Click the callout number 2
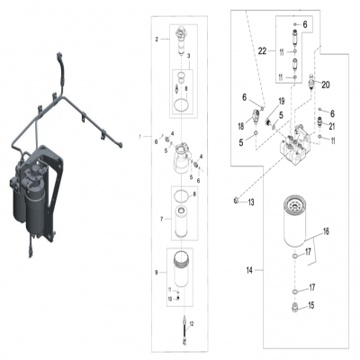157,39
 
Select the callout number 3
188,56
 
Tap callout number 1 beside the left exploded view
139,135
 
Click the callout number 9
157,271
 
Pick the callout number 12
191,321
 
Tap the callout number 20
327,85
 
